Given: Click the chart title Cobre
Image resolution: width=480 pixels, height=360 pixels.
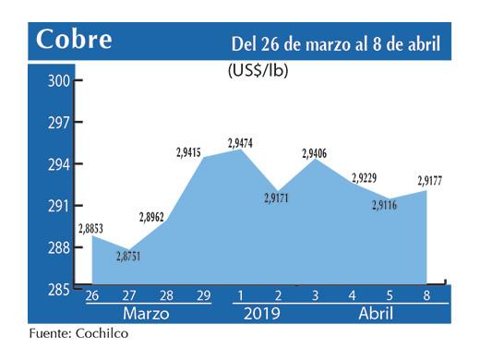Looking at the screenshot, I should click(74, 41).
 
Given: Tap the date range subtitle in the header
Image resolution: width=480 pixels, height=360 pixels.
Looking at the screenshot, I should click(335, 43).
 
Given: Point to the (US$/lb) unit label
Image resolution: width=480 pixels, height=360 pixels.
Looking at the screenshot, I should click(258, 69).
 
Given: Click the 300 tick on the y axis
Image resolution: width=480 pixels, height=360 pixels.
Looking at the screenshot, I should click(58, 81).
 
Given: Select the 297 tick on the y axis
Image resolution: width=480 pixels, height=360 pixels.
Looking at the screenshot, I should click(58, 123).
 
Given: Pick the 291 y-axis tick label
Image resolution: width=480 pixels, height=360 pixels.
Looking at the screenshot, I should click(58, 206).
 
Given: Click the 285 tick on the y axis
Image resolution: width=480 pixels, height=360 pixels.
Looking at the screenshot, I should click(58, 289).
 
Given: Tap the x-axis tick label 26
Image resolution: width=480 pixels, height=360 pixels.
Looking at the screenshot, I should click(92, 296).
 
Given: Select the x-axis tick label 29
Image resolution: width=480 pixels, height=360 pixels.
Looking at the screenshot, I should click(203, 296).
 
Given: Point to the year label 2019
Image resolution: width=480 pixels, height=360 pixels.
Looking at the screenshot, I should click(260, 314).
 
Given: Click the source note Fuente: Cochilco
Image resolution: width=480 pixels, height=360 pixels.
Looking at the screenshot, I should click(78, 334).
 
